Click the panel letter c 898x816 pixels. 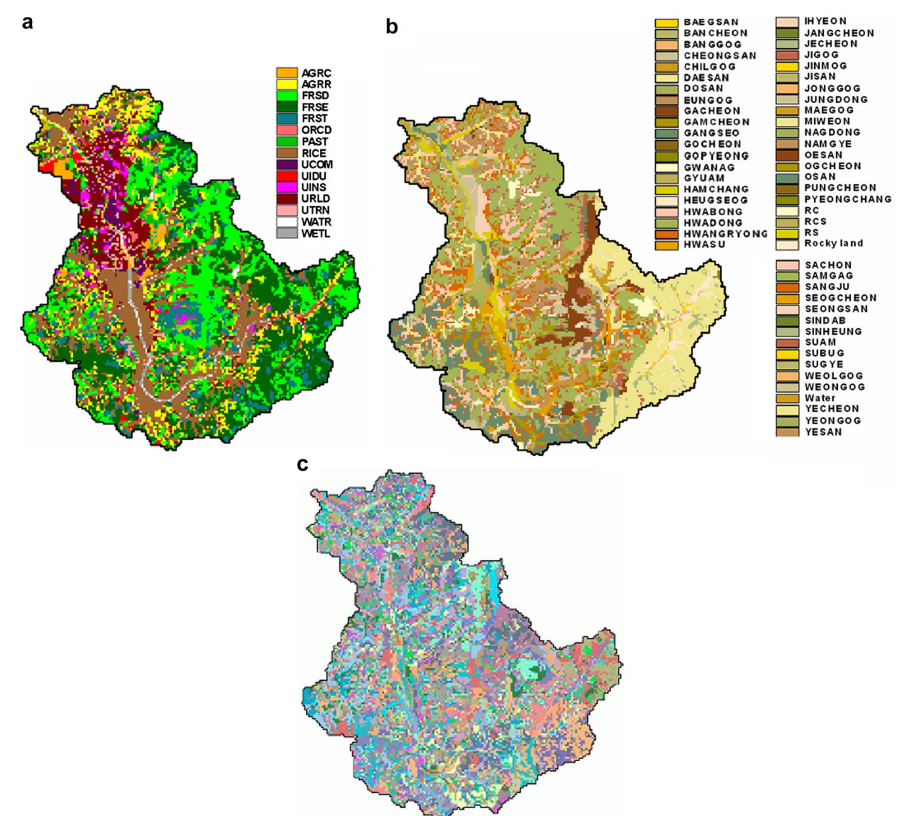[302, 465]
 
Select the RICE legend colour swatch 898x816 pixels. [287, 153]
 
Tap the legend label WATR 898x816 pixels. [316, 222]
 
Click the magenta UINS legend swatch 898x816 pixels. [287, 188]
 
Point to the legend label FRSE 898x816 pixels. [315, 107]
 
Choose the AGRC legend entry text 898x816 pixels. [316, 73]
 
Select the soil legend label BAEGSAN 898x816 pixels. [711, 22]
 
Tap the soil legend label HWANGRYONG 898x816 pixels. [726, 234]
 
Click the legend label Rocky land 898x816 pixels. [833, 243]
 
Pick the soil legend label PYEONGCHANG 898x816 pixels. [847, 199]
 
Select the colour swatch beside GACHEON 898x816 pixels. [666, 111]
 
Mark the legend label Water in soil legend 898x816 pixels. [819, 398]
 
